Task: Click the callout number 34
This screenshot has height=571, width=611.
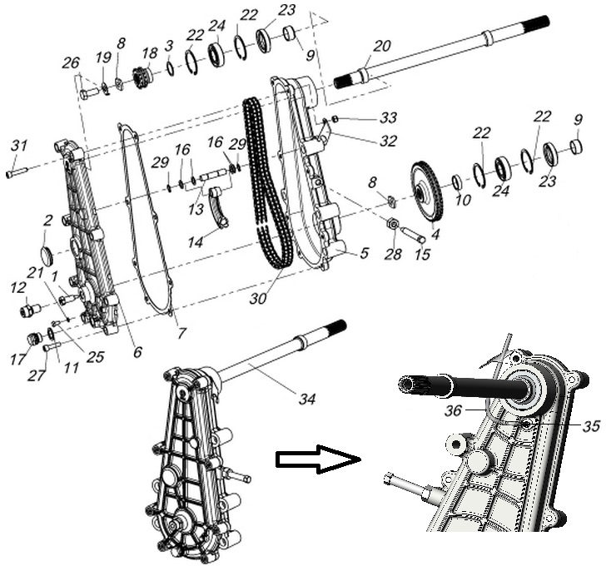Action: tap(307, 400)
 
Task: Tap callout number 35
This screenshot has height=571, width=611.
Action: tap(590, 425)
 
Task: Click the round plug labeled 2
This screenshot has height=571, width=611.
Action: tap(47, 253)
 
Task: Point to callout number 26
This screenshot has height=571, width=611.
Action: tap(71, 63)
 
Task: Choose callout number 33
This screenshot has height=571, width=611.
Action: tap(388, 117)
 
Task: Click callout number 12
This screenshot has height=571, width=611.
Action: tap(17, 287)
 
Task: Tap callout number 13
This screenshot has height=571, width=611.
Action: tap(196, 210)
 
